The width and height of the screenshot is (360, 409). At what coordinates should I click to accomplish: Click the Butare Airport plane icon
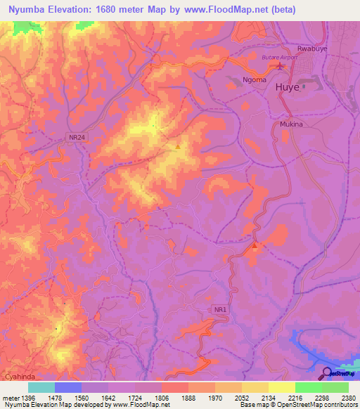coord(281,67)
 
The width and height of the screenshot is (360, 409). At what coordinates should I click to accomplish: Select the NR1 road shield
coord(221,309)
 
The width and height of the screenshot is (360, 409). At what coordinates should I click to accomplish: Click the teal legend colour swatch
coord(41,387)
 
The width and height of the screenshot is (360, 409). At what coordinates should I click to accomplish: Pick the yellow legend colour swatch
coord(282,387)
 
